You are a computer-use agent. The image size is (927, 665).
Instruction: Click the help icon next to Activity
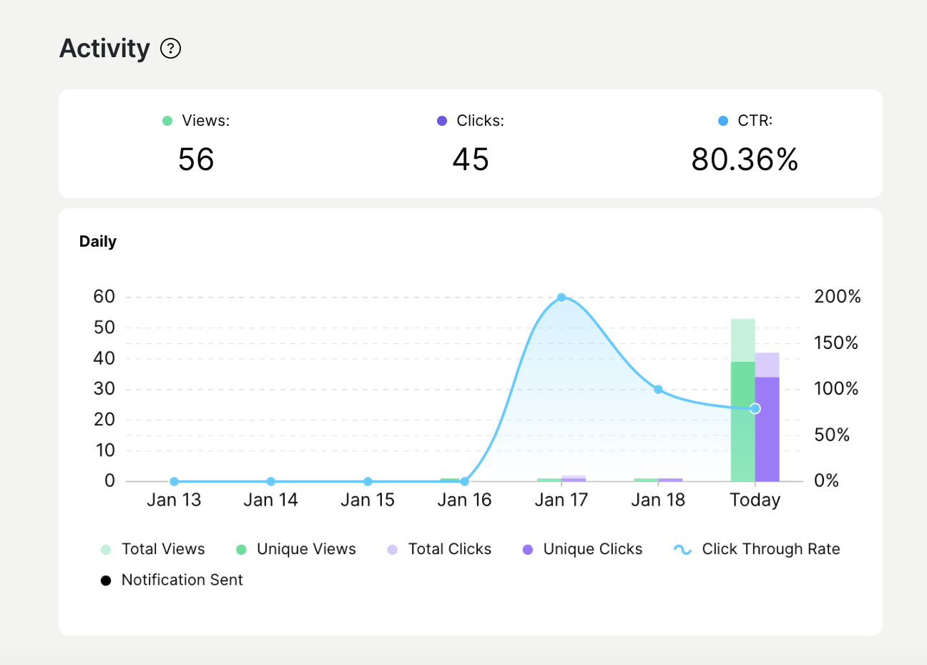pyautogui.click(x=170, y=49)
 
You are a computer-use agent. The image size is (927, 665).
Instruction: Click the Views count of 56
pyautogui.click(x=196, y=159)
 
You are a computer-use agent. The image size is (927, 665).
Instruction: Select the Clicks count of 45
pyautogui.click(x=471, y=159)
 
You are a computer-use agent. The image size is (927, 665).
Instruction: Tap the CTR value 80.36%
pyautogui.click(x=745, y=159)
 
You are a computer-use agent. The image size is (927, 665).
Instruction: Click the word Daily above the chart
pyautogui.click(x=98, y=242)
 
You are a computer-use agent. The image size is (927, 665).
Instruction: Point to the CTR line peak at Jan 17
pyautogui.click(x=561, y=297)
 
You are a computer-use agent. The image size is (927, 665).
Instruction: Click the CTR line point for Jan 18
pyautogui.click(x=658, y=390)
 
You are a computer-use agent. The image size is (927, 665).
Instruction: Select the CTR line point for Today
pyautogui.click(x=755, y=408)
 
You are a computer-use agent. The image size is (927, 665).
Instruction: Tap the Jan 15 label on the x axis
pyautogui.click(x=368, y=500)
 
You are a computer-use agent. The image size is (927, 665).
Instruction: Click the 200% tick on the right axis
pyautogui.click(x=837, y=297)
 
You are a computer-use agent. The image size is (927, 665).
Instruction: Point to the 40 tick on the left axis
pyautogui.click(x=104, y=358)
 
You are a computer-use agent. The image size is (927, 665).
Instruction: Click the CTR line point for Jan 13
pyautogui.click(x=174, y=481)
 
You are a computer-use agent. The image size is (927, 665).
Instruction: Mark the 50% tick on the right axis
pyautogui.click(x=831, y=435)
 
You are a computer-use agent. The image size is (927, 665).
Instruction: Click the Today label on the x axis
pyautogui.click(x=755, y=500)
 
